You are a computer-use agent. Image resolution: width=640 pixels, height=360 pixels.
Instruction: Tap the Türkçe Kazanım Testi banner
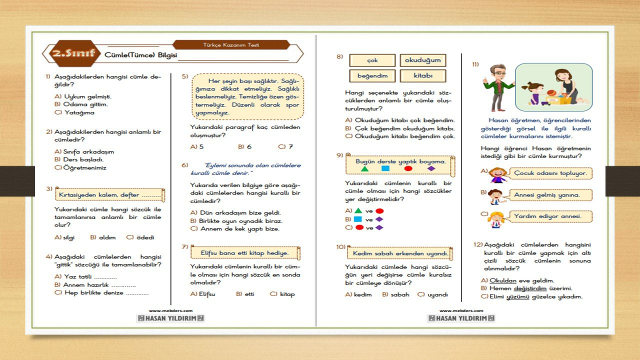click(231, 44)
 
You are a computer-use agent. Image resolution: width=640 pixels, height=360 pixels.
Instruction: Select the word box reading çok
click(372, 60)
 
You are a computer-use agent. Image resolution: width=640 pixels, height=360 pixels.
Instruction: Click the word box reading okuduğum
click(422, 60)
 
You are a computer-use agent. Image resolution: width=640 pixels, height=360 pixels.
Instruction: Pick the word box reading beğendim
click(372, 76)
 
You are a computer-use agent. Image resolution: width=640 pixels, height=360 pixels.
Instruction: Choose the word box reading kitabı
click(422, 76)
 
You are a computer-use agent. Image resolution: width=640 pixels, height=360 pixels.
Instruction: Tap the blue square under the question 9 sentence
click(385, 169)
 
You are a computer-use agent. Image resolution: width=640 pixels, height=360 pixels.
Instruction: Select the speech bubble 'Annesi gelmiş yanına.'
click(547, 195)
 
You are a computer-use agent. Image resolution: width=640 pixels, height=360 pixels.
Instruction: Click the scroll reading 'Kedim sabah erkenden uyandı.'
click(399, 254)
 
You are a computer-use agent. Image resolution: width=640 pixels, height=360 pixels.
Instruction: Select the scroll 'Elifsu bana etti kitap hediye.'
click(244, 253)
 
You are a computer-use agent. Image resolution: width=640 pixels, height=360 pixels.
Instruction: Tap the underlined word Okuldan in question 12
click(502, 280)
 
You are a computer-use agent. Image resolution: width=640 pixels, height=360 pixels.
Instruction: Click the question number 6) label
click(184, 165)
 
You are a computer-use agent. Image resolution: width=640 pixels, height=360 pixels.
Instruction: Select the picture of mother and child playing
click(553, 87)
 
